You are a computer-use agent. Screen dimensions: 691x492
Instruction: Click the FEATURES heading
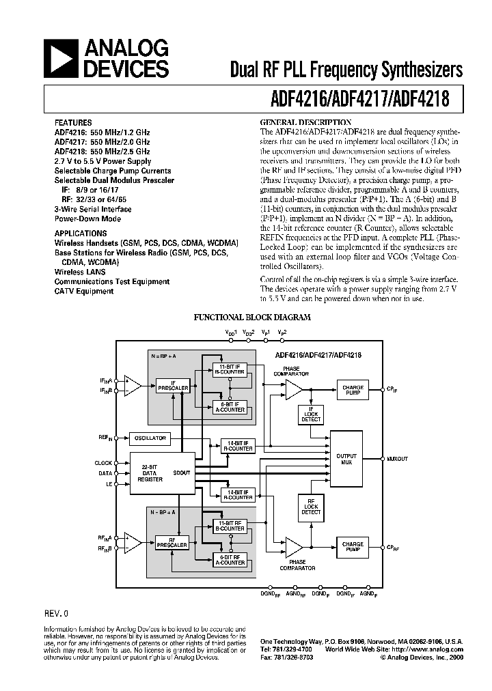click(x=72, y=123)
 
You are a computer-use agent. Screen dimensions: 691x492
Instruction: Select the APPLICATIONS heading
click(x=80, y=233)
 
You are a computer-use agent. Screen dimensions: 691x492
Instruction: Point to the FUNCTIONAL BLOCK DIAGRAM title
click(x=252, y=318)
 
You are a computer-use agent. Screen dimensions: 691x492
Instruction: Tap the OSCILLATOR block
click(x=150, y=438)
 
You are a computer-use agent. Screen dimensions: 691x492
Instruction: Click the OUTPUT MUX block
click(x=346, y=459)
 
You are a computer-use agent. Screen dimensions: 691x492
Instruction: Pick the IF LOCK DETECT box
click(x=311, y=413)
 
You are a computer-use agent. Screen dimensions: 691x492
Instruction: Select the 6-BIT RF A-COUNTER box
click(x=230, y=559)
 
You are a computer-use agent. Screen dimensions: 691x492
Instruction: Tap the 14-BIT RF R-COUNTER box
click(x=237, y=494)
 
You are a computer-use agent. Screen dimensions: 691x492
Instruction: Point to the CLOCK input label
click(x=104, y=463)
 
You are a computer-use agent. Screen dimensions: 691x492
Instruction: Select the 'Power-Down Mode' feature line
click(x=87, y=219)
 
